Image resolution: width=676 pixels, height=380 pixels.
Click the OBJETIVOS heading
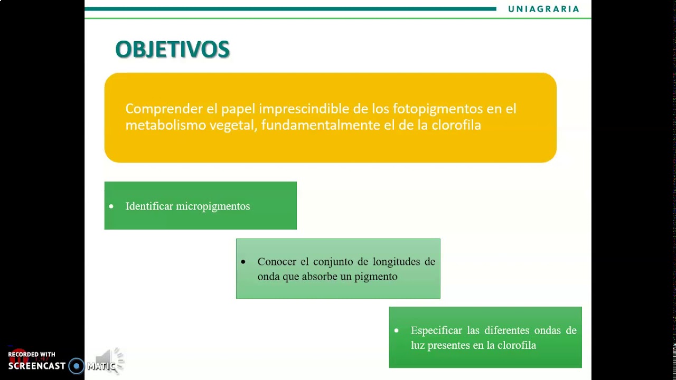click(x=172, y=50)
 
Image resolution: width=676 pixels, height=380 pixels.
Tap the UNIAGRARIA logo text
click(x=543, y=9)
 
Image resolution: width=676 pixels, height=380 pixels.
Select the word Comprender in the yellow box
click(x=164, y=109)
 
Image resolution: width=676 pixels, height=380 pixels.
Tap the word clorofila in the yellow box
click(x=456, y=125)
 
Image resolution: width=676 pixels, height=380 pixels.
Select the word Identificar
click(x=149, y=206)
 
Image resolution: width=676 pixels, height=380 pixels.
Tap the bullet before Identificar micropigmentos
click(x=111, y=206)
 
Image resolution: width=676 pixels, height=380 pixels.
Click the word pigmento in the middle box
click(x=376, y=277)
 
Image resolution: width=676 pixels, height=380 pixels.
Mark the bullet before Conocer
click(x=243, y=262)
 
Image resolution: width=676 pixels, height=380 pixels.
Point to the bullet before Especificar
click(x=397, y=330)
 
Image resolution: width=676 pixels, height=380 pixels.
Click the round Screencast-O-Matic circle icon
click(x=77, y=366)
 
